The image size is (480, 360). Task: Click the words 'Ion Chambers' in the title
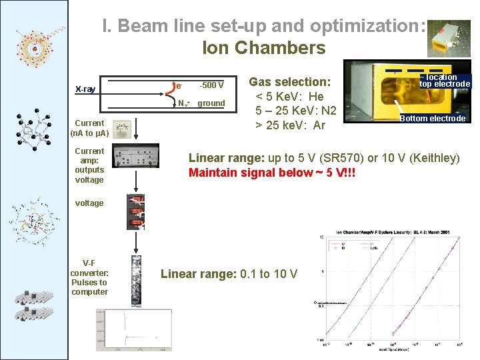click(x=263, y=48)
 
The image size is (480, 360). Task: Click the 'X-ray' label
click(x=85, y=89)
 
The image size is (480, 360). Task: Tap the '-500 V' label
click(x=212, y=85)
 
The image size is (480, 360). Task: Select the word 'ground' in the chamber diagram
click(x=211, y=103)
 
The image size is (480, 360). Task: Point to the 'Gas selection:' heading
click(x=289, y=82)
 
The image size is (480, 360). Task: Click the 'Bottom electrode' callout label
click(x=432, y=119)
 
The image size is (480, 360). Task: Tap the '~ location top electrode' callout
click(x=444, y=81)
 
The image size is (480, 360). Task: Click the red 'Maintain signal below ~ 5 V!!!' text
click(x=272, y=173)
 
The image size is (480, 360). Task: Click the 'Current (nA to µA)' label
click(x=89, y=128)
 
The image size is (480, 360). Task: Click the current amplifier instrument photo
click(x=136, y=158)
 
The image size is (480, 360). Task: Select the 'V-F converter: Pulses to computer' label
click(x=89, y=277)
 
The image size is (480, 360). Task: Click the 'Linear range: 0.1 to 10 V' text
click(x=229, y=274)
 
